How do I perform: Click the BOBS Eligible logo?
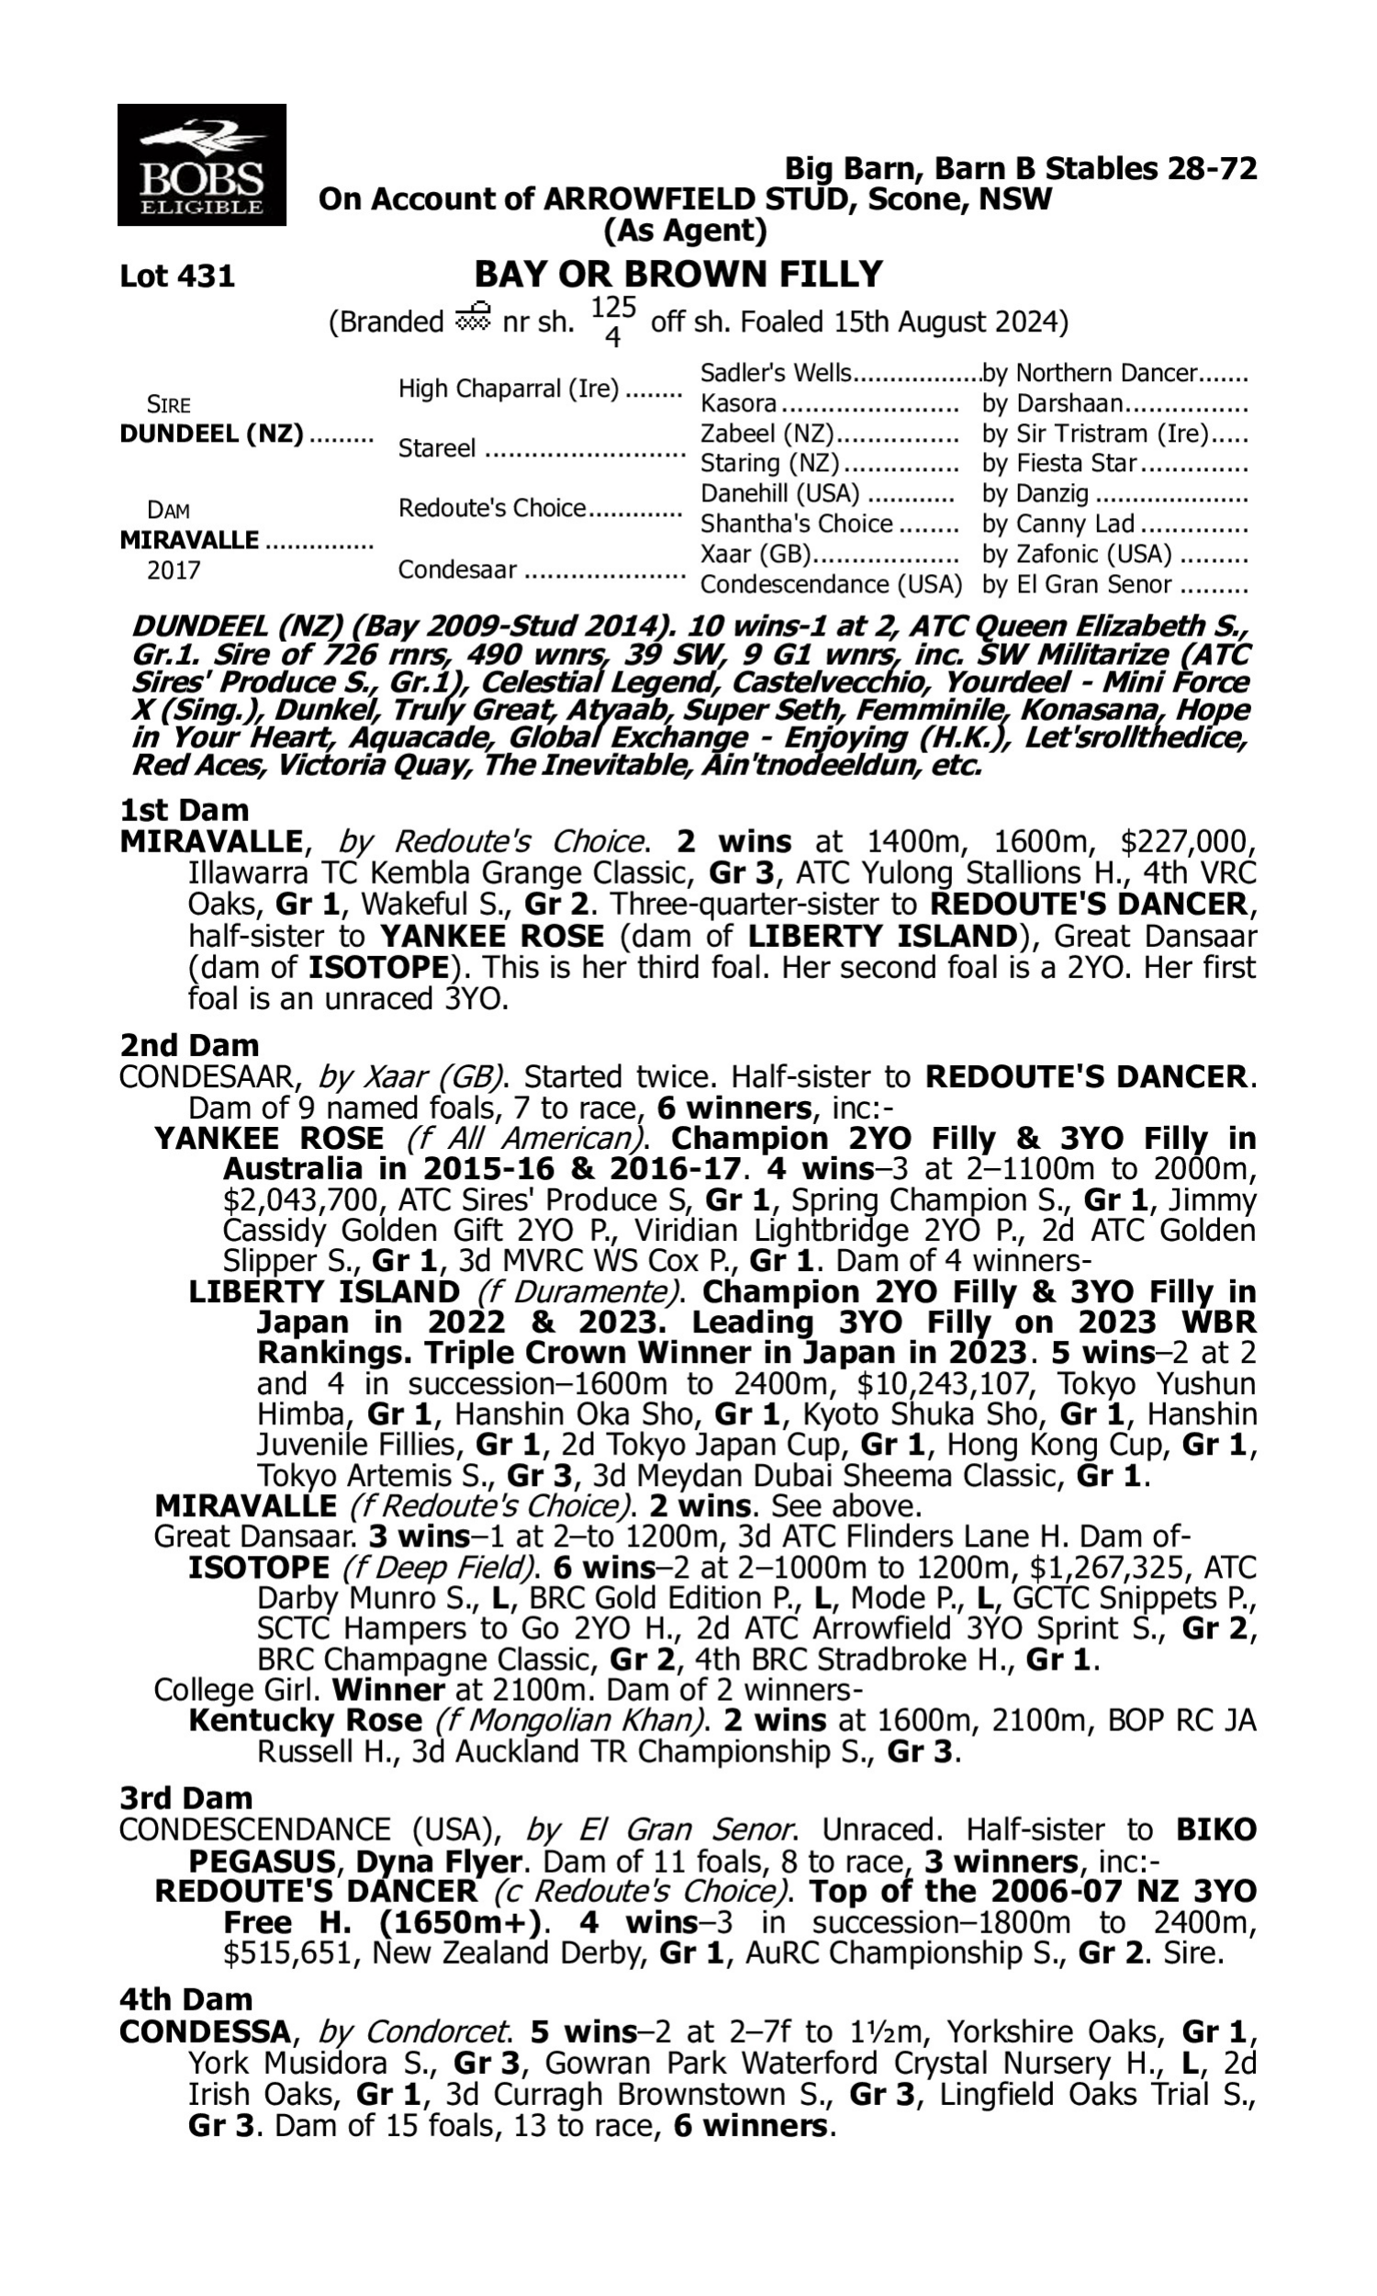point(201,165)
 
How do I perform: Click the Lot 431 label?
point(177,276)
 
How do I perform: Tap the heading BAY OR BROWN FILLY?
point(678,274)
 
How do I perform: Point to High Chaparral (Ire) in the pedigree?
point(508,388)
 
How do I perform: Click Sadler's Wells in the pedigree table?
point(775,373)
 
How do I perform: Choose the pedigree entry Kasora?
point(739,404)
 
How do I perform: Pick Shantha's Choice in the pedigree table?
point(796,523)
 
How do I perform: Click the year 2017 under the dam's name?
point(174,569)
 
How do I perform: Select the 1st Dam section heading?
point(184,810)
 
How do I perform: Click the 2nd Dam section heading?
point(188,1045)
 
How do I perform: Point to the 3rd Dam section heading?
point(185,1797)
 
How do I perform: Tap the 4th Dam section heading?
point(185,1998)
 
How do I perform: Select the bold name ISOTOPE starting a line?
point(259,1568)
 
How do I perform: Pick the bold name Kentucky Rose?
point(305,1720)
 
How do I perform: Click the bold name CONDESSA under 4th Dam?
point(205,2032)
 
